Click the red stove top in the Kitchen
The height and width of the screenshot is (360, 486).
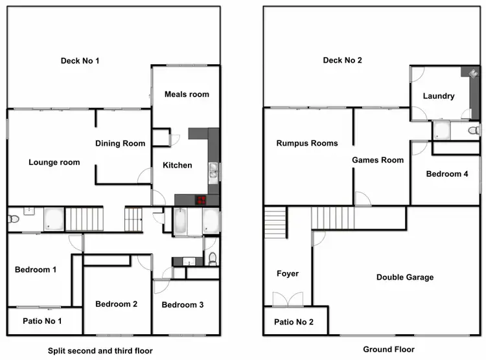click(x=201, y=200)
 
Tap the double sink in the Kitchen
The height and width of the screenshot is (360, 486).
click(x=213, y=171)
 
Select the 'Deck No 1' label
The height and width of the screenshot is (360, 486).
click(x=80, y=61)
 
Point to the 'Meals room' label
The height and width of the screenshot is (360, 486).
click(x=187, y=95)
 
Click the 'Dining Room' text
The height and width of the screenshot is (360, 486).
click(x=121, y=143)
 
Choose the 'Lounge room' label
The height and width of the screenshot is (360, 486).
click(x=54, y=162)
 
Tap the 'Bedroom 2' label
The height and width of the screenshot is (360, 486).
click(x=116, y=304)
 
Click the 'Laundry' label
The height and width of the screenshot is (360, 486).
click(x=439, y=96)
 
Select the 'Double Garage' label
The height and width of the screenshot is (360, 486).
click(x=405, y=277)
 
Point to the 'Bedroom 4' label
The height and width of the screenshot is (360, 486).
click(x=447, y=174)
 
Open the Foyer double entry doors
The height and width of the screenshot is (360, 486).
click(x=287, y=299)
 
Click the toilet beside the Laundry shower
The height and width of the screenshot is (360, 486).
click(x=472, y=131)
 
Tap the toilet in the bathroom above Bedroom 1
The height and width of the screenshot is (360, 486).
click(x=13, y=220)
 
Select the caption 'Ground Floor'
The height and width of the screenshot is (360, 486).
click(x=388, y=349)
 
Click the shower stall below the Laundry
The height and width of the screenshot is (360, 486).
click(x=442, y=131)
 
